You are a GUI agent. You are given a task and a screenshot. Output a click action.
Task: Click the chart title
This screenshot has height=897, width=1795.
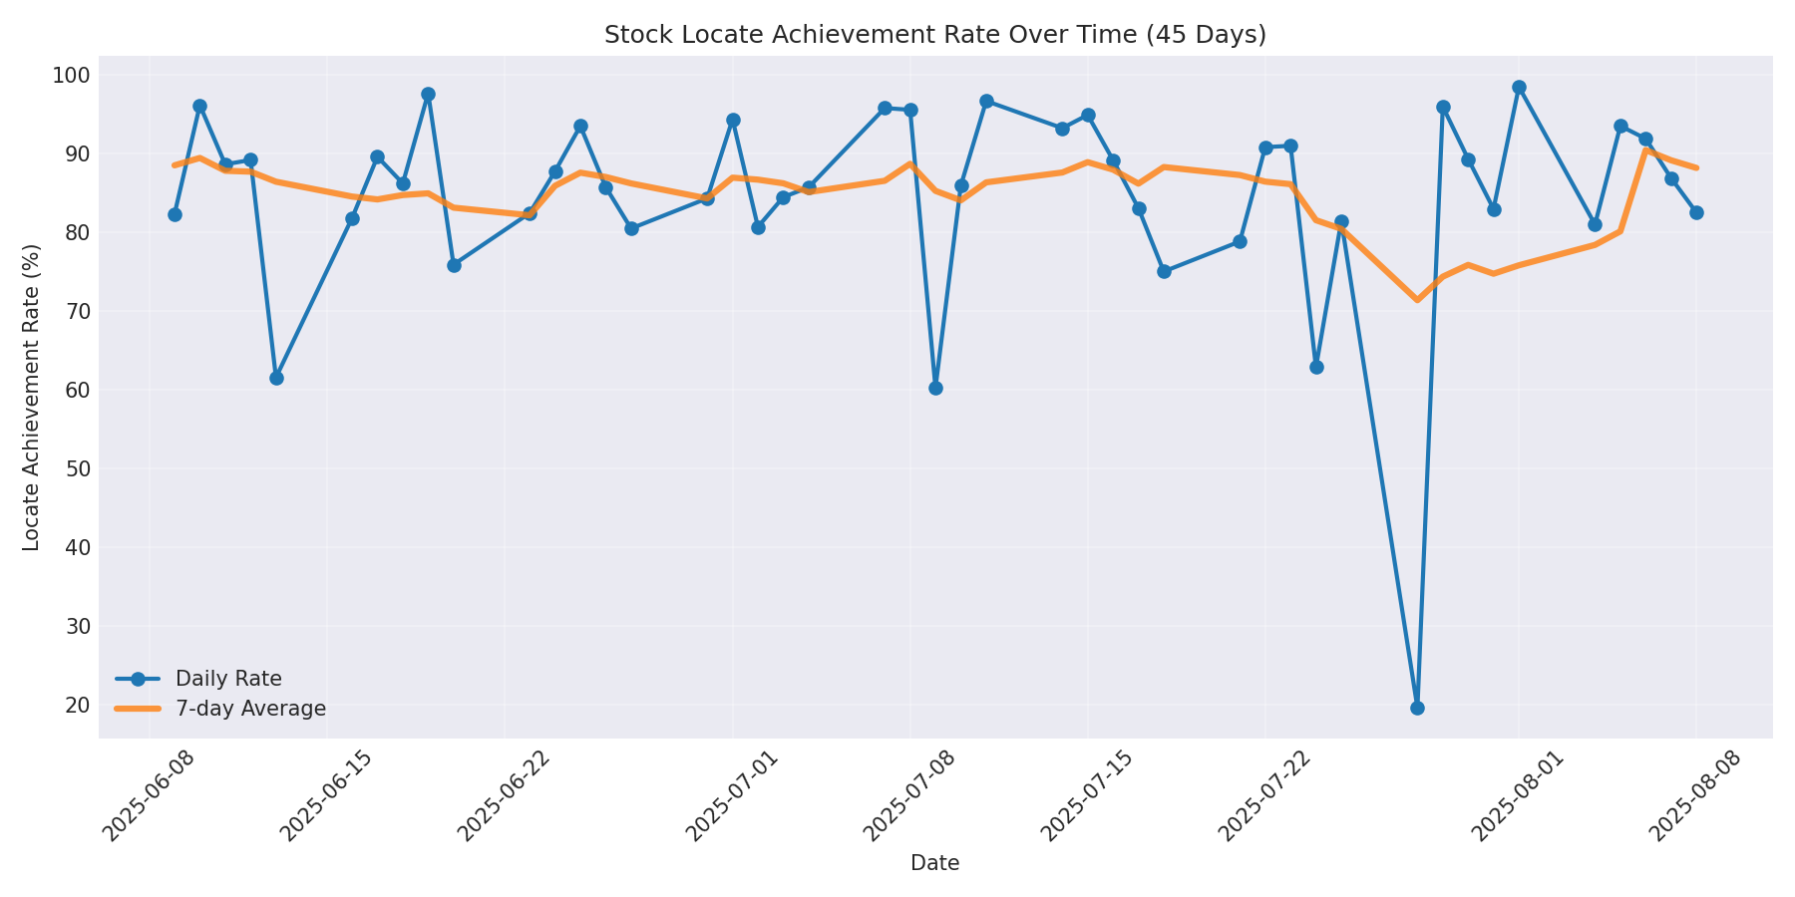click(x=934, y=35)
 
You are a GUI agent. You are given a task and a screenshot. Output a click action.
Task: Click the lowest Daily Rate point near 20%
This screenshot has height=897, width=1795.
click(x=1417, y=708)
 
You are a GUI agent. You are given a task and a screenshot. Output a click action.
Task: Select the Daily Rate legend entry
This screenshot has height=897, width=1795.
click(x=228, y=679)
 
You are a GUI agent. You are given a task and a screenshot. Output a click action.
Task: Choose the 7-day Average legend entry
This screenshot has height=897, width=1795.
click(x=250, y=709)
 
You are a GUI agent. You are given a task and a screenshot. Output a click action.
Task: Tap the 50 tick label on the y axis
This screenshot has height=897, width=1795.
click(x=77, y=469)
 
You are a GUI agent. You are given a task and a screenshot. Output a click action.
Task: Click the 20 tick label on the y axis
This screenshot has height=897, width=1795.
click(x=77, y=706)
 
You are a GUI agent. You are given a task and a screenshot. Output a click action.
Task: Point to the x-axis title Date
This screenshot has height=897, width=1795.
click(x=934, y=864)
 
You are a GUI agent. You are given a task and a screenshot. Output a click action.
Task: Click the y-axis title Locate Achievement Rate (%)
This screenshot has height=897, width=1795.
click(x=32, y=397)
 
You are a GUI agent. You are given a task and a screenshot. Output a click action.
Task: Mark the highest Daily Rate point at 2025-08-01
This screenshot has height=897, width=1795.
click(x=1519, y=88)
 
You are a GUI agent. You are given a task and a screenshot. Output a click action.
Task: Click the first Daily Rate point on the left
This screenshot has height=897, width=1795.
click(x=175, y=214)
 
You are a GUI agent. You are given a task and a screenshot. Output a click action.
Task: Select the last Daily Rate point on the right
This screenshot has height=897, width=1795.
click(x=1696, y=212)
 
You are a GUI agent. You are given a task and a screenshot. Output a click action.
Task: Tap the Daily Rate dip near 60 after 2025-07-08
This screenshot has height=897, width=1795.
click(x=935, y=388)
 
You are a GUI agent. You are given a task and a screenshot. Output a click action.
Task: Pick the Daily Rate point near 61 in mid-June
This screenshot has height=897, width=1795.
click(x=276, y=378)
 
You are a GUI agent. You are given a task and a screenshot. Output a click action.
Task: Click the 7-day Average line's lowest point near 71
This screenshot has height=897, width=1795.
click(x=1417, y=299)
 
